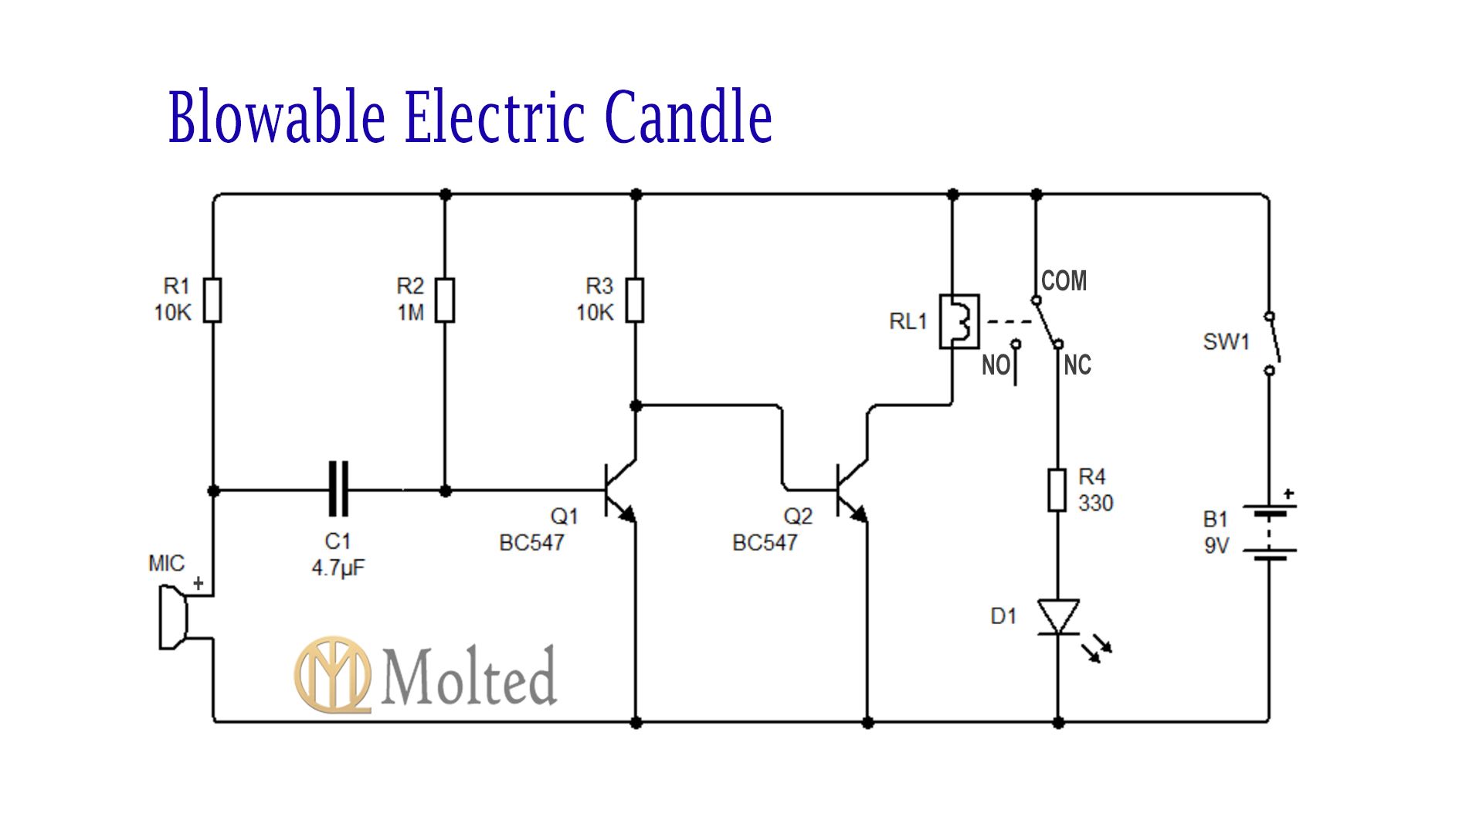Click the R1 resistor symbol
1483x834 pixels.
pyautogui.click(x=213, y=300)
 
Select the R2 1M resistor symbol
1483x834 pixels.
pyautogui.click(x=445, y=300)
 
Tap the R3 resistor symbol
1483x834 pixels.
pyautogui.click(x=635, y=300)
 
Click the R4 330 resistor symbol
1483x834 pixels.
pyautogui.click(x=1057, y=490)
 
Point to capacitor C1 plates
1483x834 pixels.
pyautogui.click(x=338, y=489)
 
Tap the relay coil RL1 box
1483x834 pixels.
pyautogui.click(x=959, y=321)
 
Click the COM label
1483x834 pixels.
pyautogui.click(x=1064, y=281)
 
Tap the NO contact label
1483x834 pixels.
pyautogui.click(x=995, y=365)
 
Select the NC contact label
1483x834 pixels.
pyautogui.click(x=1077, y=365)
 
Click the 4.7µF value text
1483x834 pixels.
pyautogui.click(x=338, y=568)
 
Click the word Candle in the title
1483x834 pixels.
pyautogui.click(x=688, y=117)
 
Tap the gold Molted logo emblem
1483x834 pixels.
pyautogui.click(x=332, y=674)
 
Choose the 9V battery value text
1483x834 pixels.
pyautogui.click(x=1216, y=546)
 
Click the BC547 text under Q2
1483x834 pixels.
pyautogui.click(x=765, y=543)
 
